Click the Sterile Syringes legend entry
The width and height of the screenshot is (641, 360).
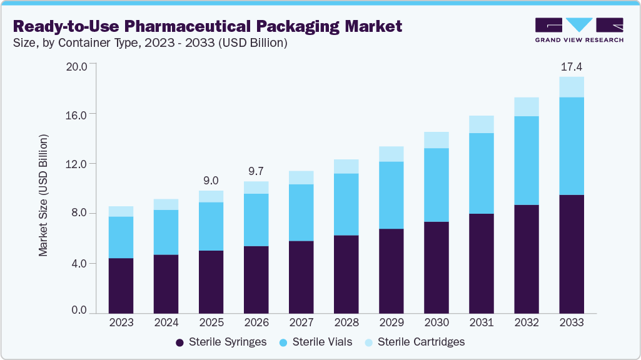(221, 342)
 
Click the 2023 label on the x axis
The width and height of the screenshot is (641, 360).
(121, 322)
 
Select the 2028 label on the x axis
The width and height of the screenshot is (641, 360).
(346, 322)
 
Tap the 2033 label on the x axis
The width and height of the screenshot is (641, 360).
(572, 322)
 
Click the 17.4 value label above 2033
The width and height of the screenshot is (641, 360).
(572, 66)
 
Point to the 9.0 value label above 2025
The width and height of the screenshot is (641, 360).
(211, 181)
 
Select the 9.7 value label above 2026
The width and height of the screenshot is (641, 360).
(256, 171)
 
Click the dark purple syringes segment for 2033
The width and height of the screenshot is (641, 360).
(572, 254)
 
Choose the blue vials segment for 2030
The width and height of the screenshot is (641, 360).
(437, 185)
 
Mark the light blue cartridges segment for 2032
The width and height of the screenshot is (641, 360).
(527, 107)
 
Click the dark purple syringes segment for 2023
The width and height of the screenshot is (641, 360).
(121, 286)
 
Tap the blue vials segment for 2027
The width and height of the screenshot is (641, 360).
(301, 212)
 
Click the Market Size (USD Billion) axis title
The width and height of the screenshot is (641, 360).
(43, 195)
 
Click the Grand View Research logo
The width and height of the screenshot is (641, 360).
(578, 30)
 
